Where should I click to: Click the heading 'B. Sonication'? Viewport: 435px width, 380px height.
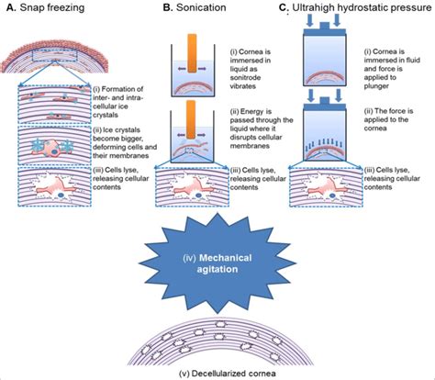194,8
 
